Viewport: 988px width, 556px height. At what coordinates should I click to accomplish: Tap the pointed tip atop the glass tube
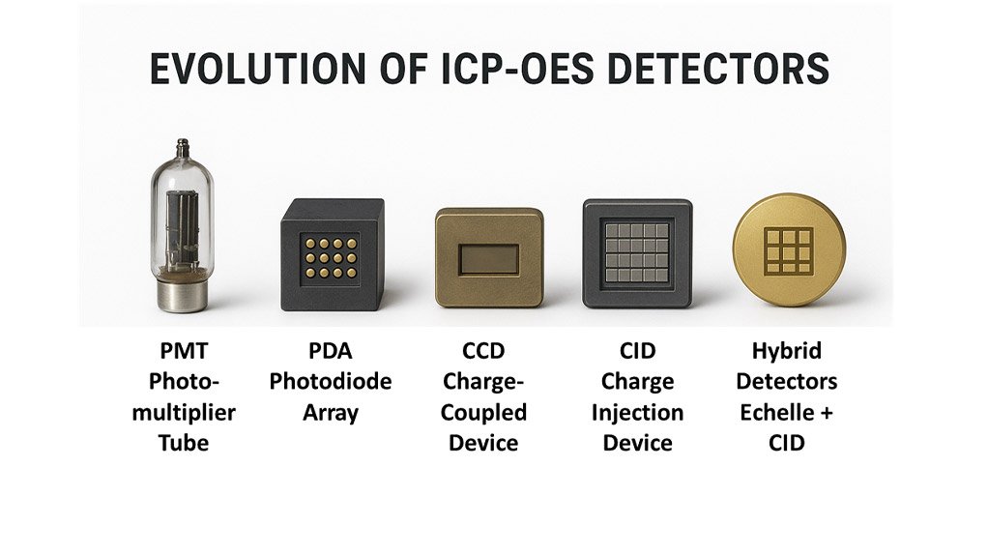click(x=182, y=147)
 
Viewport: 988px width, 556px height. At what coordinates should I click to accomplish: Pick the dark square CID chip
click(x=637, y=253)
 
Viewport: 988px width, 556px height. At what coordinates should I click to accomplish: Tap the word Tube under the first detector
click(x=183, y=444)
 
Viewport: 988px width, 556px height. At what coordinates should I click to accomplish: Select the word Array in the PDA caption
click(x=331, y=412)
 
